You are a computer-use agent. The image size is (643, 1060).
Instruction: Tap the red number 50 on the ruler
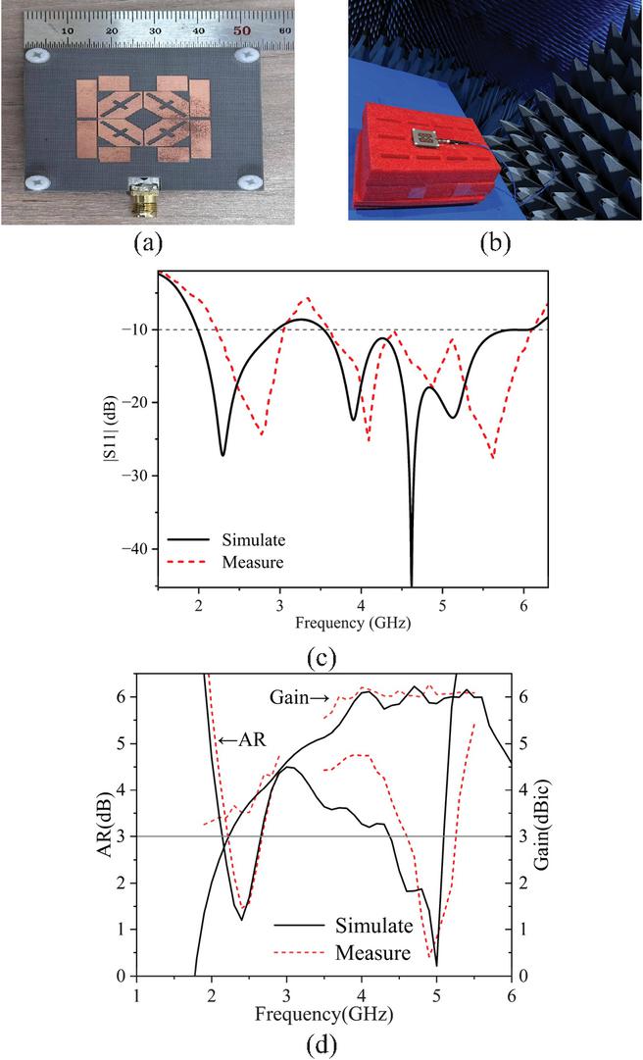click(241, 32)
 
